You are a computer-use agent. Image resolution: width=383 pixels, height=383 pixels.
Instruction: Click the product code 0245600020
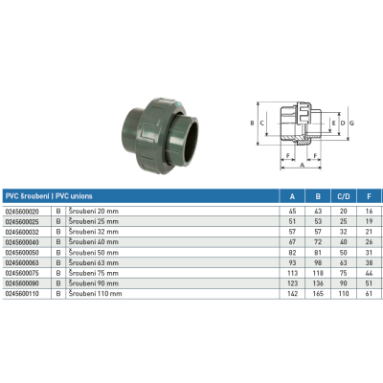tap(22, 212)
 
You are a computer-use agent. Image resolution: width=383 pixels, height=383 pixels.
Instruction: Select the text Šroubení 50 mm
tap(94, 253)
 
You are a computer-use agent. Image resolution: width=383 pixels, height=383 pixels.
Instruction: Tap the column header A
tap(292, 196)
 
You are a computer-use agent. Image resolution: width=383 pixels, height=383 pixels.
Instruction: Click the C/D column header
tap(344, 196)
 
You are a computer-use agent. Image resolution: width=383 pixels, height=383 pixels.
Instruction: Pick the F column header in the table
tap(369, 196)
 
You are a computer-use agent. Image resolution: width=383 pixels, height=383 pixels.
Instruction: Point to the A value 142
tap(292, 294)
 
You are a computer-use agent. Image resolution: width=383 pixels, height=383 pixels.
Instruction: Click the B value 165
tap(318, 294)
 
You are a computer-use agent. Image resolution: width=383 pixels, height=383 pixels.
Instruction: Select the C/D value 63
tap(344, 263)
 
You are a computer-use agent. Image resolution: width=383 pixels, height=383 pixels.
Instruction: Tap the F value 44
tap(369, 273)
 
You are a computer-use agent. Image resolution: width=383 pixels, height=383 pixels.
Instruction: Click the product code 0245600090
tap(22, 283)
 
